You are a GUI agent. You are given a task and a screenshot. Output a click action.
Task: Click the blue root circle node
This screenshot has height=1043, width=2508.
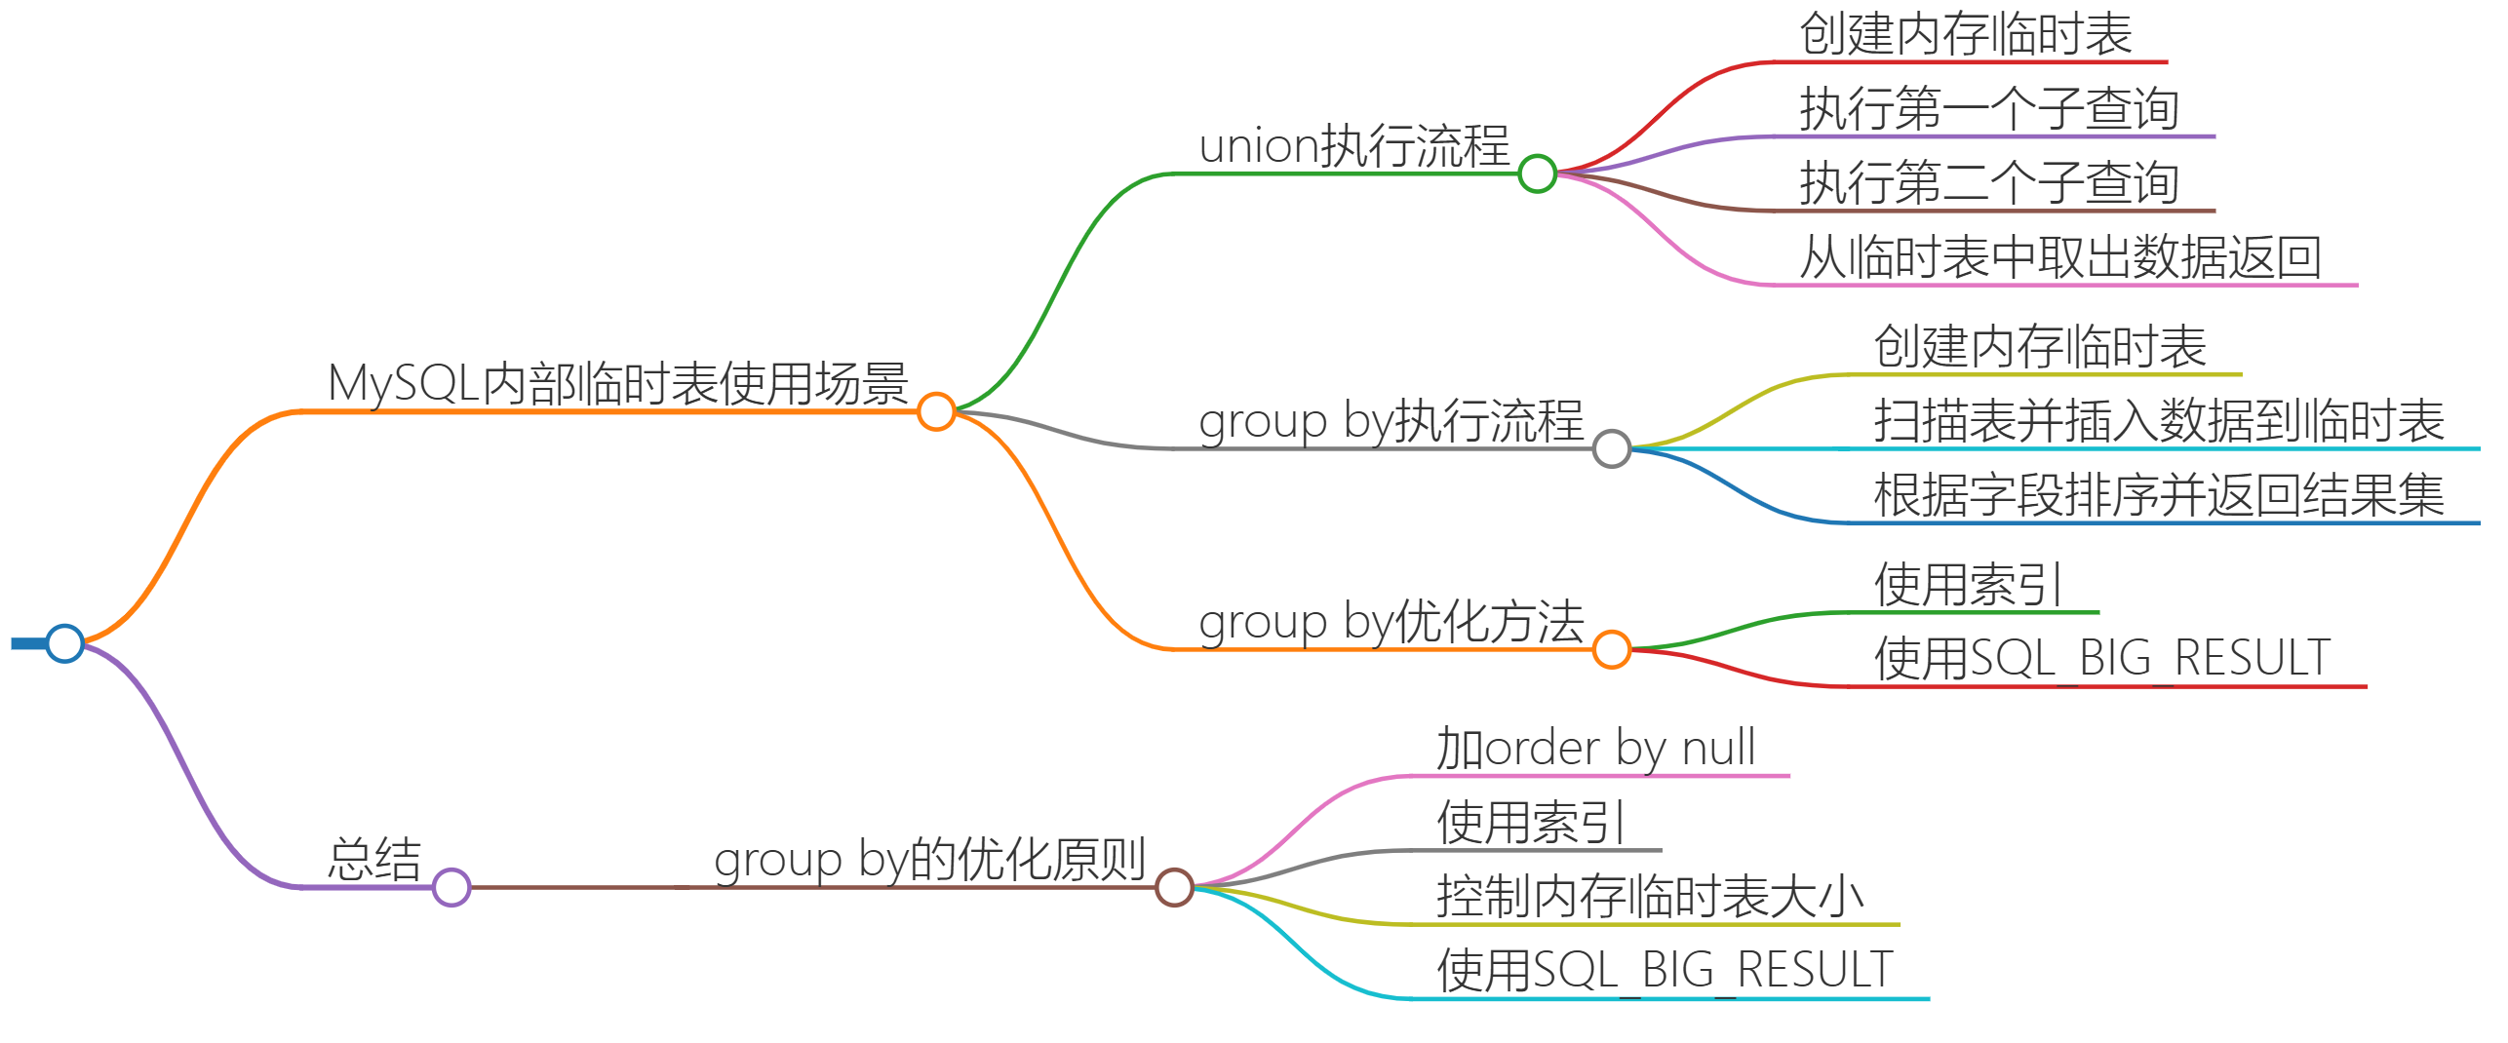coord(65,643)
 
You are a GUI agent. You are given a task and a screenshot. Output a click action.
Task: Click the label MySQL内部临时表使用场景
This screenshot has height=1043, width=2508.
coord(617,383)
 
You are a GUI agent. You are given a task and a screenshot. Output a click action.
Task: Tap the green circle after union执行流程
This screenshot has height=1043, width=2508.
coord(1537,174)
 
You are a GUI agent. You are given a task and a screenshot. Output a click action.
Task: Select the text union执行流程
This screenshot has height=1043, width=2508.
coord(1353,146)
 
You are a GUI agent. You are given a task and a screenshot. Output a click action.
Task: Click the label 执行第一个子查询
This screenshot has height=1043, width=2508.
coord(1988,108)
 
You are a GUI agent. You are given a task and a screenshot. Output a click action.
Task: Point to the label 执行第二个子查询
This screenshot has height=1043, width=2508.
coord(1988,183)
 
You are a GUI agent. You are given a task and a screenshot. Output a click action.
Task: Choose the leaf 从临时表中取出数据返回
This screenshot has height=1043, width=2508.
coord(2059,257)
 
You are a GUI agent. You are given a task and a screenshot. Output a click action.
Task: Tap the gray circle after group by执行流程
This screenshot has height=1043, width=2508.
coord(1611,448)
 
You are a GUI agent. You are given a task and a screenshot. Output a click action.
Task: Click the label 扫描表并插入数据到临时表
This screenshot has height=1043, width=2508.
coord(2159,421)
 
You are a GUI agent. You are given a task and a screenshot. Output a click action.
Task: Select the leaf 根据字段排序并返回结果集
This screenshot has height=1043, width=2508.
coord(2159,495)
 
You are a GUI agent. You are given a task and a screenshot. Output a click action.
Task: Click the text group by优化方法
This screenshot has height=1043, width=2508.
coord(1391,622)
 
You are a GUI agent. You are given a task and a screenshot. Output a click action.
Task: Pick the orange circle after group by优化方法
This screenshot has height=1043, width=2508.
coord(1611,649)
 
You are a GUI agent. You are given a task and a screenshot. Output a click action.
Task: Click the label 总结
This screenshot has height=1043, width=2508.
coord(374,860)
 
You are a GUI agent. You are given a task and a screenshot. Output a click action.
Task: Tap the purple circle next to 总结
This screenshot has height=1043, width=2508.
coord(451,887)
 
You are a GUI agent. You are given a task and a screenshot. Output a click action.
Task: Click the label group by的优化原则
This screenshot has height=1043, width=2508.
coord(929,860)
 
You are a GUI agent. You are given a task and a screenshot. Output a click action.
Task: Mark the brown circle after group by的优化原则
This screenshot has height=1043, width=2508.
coord(1174,887)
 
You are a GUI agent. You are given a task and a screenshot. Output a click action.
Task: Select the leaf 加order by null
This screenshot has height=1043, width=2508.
coord(1595,749)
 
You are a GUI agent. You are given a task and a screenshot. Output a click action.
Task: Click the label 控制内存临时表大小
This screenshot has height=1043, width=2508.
coord(1650,897)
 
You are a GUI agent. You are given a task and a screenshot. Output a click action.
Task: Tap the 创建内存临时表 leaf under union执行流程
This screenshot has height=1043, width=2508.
coord(1966,34)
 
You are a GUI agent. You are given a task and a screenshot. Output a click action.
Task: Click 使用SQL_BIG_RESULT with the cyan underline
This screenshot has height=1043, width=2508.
coord(1665,971)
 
